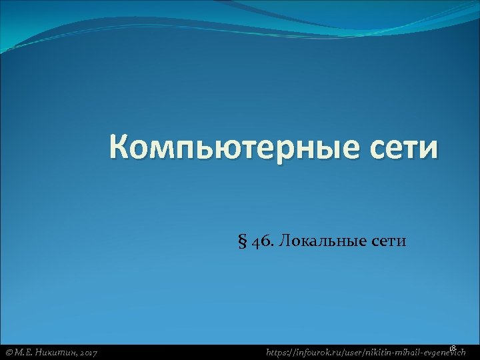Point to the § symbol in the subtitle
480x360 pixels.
pyautogui.click(x=242, y=241)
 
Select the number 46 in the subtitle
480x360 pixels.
pyautogui.click(x=261, y=241)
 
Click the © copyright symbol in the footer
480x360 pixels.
pyautogui.click(x=9, y=352)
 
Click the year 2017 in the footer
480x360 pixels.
pyautogui.click(x=89, y=352)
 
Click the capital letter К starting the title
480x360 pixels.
pyautogui.click(x=123, y=147)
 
